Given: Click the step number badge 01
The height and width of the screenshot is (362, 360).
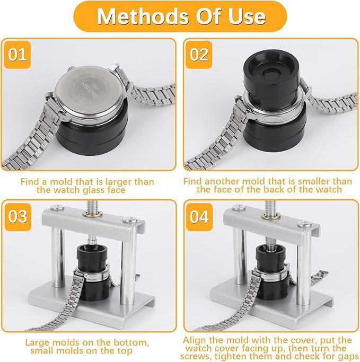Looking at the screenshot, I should point(17,55).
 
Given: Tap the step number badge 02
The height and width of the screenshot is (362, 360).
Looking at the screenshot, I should point(199,55).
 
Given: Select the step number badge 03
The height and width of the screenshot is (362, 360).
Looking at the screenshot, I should point(17,217).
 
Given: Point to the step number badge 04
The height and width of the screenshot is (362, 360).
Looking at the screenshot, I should point(199,217).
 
